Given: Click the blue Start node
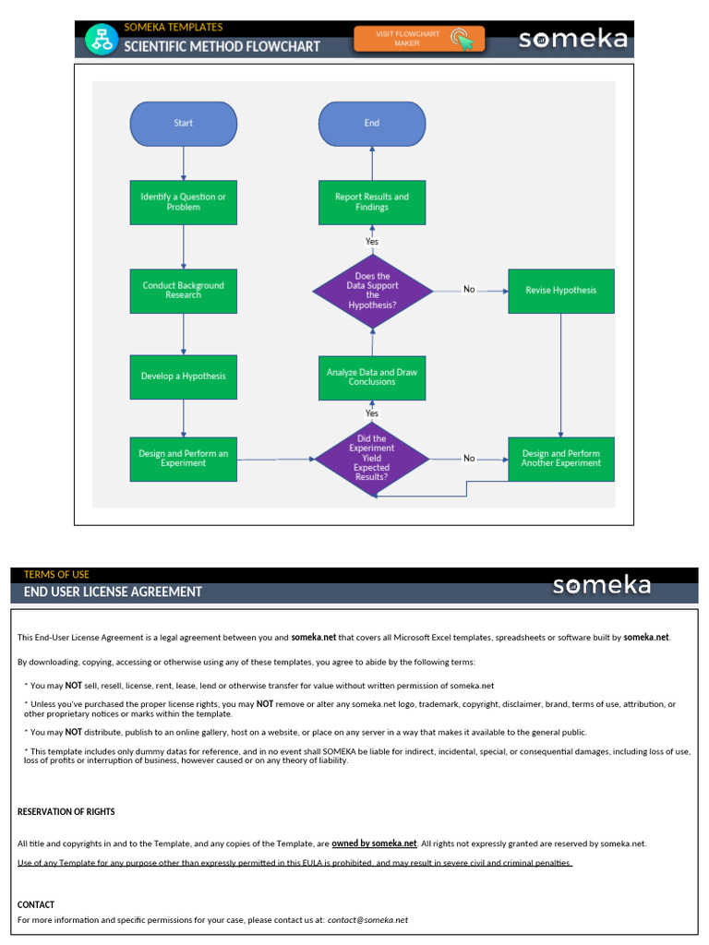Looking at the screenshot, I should click(184, 124).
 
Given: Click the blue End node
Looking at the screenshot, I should click(372, 124).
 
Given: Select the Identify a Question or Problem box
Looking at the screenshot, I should click(183, 202).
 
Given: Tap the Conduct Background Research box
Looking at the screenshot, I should click(183, 291).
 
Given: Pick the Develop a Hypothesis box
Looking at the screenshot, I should click(183, 377).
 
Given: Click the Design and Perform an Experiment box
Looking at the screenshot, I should click(183, 459).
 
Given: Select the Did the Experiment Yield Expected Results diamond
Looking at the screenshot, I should click(372, 459).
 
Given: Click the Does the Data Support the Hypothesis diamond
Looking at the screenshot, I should click(372, 291).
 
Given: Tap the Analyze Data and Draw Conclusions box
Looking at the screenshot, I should click(372, 377).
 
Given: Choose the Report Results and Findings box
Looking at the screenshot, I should click(372, 202).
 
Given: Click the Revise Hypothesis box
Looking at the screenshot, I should click(560, 291).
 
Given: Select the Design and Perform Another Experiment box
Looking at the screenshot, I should click(560, 459).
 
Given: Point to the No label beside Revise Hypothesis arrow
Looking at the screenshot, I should click(469, 290).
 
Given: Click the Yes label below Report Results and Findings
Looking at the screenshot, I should click(372, 242).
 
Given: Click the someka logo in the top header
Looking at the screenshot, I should click(572, 40).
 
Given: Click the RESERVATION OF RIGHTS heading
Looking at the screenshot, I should click(66, 812).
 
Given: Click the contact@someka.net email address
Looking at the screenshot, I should click(367, 920).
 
